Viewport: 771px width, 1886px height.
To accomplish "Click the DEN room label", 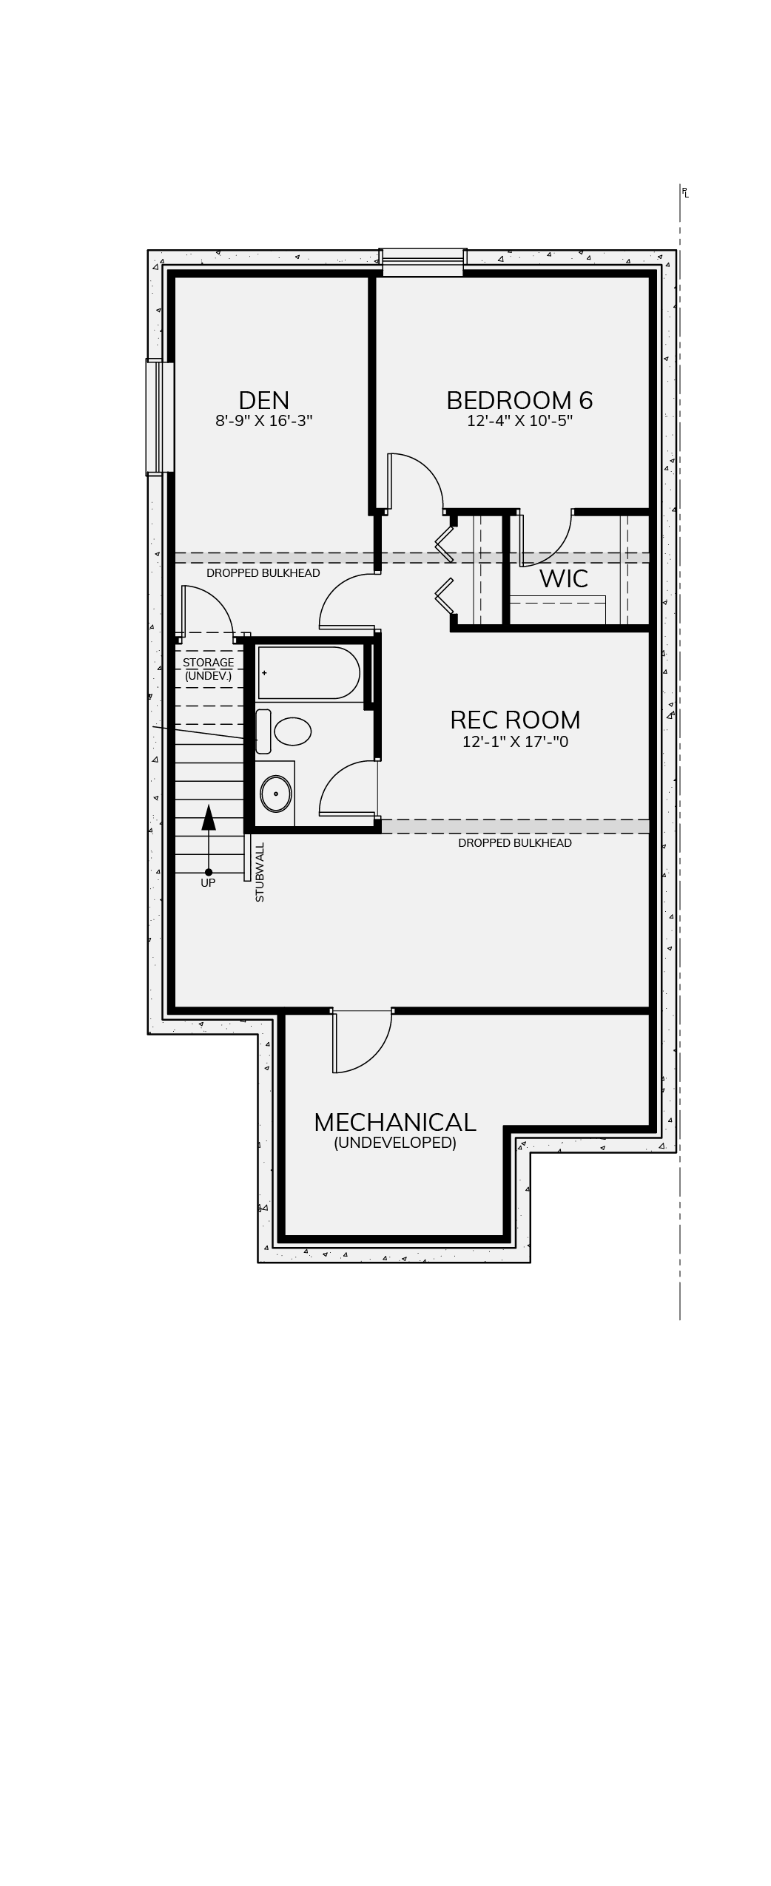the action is tap(263, 400).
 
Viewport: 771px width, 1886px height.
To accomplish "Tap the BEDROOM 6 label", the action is tap(519, 400).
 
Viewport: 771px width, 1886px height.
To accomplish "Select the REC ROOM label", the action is tap(515, 720).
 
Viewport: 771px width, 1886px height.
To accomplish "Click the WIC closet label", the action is tap(564, 578).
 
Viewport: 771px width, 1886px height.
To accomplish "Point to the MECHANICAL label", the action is tap(394, 1122).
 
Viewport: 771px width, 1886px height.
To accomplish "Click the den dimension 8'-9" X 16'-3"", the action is tap(264, 421).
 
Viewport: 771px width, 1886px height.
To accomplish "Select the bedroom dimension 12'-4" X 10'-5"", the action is tap(520, 421).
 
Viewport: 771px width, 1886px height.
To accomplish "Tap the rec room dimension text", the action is tap(515, 741).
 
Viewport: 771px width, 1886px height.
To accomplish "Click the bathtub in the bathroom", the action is tap(309, 673).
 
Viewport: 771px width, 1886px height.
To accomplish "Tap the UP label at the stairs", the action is tap(208, 882).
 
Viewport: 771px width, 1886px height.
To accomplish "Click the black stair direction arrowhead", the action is tap(209, 817).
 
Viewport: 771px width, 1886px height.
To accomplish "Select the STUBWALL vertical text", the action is tap(260, 872).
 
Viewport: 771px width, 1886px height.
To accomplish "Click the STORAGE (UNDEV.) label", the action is tap(208, 669).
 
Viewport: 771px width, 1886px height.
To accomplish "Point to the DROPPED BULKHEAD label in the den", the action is tap(263, 573).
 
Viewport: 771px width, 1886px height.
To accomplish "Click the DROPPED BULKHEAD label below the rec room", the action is tap(515, 843).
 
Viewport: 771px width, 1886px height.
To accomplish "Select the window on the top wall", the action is tap(422, 262).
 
